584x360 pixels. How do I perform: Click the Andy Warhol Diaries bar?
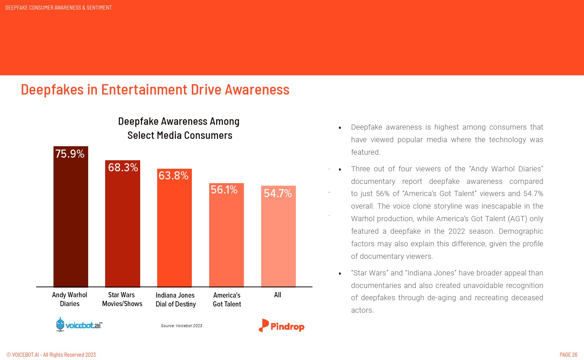click(71, 222)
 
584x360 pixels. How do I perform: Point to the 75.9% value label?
click(70, 154)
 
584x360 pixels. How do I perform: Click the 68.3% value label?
click(123, 168)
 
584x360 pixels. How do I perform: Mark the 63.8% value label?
click(173, 176)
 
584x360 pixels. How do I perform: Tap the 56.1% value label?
click(224, 190)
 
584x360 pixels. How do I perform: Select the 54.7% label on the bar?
click(278, 193)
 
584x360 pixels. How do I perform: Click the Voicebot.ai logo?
click(79, 325)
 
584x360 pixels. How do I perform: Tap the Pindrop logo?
click(281, 326)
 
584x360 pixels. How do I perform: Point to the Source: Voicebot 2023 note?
click(182, 326)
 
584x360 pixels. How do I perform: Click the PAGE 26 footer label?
click(568, 355)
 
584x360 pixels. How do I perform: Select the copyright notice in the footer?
click(51, 355)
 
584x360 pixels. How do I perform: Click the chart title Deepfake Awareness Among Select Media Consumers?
click(179, 128)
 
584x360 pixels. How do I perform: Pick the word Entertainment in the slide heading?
click(144, 90)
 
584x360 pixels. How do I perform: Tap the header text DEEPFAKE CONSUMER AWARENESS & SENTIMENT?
click(58, 8)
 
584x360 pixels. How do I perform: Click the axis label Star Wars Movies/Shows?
click(122, 299)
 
